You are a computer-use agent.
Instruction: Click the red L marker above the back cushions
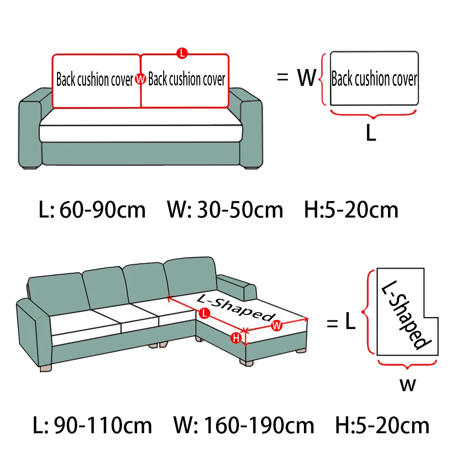click(182, 53)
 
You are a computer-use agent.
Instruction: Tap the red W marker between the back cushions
click(141, 80)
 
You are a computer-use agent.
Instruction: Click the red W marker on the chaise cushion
click(276, 325)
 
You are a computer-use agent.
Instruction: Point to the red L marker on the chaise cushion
click(205, 314)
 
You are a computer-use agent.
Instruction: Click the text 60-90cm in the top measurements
click(102, 210)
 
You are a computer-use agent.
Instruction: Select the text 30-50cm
click(240, 210)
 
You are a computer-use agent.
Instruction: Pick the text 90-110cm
click(103, 426)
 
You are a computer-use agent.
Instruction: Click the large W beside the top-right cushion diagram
click(307, 78)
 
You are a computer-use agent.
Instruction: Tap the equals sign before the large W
click(282, 78)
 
